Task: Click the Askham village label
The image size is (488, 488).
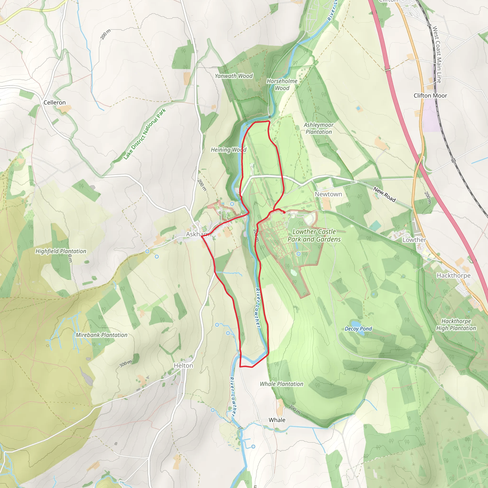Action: click(x=197, y=234)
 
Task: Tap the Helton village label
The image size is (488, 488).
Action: click(x=183, y=366)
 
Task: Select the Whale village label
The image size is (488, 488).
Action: click(x=277, y=420)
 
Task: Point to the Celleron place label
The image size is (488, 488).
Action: click(x=55, y=102)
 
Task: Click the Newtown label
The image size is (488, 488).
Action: click(x=328, y=194)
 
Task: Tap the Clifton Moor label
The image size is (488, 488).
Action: click(x=430, y=96)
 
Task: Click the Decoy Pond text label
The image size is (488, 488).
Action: click(x=358, y=329)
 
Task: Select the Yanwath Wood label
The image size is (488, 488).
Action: click(x=234, y=76)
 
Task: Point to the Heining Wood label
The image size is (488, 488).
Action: click(x=229, y=150)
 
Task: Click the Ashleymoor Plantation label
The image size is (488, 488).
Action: click(x=319, y=128)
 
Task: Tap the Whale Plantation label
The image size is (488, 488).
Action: click(x=281, y=384)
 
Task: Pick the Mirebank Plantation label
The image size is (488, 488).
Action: click(x=102, y=335)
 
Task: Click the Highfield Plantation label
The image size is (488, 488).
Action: click(x=61, y=251)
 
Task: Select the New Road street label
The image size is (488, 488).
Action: click(x=384, y=194)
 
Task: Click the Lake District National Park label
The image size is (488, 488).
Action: click(x=144, y=134)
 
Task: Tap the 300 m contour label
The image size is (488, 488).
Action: click(x=126, y=364)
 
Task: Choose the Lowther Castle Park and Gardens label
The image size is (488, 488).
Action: click(x=314, y=235)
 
